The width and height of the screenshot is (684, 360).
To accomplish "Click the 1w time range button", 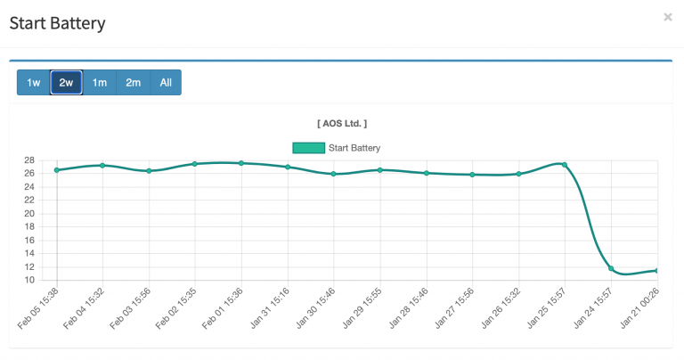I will pyautogui.click(x=33, y=83).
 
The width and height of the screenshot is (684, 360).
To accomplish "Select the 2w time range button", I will pyautogui.click(x=66, y=83).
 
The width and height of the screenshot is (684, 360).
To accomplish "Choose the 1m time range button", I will pyautogui.click(x=100, y=83).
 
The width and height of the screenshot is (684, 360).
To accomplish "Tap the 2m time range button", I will pyautogui.click(x=133, y=83).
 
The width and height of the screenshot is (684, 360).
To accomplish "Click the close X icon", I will pyautogui.click(x=668, y=17).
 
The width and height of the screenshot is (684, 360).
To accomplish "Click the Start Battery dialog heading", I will pyautogui.click(x=57, y=23).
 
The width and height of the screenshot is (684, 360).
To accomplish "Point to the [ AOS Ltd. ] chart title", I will pyautogui.click(x=342, y=123).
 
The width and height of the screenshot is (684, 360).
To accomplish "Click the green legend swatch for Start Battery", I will pyautogui.click(x=308, y=148).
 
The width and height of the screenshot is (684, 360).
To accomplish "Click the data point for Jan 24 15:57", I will pyautogui.click(x=611, y=268).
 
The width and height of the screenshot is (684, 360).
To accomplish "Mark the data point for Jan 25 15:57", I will pyautogui.click(x=565, y=165).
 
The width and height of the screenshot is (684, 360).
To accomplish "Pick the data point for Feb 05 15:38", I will pyautogui.click(x=56, y=170).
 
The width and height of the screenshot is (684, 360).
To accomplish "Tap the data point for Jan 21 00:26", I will pyautogui.click(x=656, y=270).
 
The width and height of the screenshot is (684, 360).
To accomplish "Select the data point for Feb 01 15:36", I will pyautogui.click(x=241, y=163).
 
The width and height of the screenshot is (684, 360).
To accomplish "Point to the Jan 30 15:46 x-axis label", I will pyautogui.click(x=316, y=307).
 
